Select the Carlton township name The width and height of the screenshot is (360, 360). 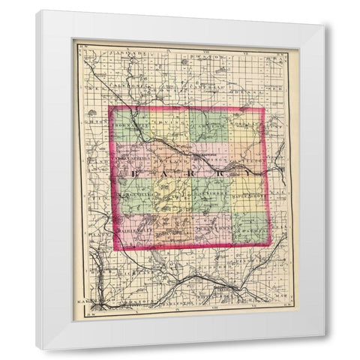208,121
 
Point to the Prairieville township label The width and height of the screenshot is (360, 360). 136,229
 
